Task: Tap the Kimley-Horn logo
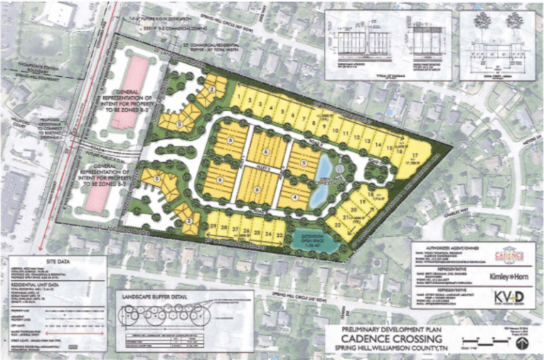[508, 275]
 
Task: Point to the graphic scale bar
[477, 342]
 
